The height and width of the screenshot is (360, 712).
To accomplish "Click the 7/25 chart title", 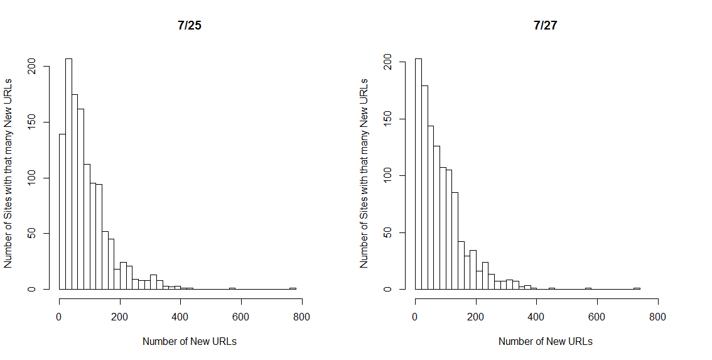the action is coord(190,26).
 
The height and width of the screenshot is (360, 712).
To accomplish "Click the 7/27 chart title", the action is coord(546,26).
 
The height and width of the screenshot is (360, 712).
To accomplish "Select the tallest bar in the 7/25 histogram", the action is coord(68,173).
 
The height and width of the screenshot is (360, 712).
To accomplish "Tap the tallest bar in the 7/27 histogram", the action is coord(418,173).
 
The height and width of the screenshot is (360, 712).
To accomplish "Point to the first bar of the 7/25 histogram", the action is coord(62,211).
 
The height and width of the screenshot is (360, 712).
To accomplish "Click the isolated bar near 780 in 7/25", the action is coord(293,288).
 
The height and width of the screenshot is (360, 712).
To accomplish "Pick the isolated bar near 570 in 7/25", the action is coord(232,288).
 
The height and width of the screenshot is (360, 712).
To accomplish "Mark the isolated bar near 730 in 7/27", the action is coord(637,288).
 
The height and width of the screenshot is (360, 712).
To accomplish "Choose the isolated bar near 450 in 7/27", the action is coord(552,288).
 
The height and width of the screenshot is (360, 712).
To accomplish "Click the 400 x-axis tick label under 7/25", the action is coord(180,317).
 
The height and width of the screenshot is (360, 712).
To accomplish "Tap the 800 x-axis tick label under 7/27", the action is coord(657,317).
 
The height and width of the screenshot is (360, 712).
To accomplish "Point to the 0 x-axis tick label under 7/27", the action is coord(415,317).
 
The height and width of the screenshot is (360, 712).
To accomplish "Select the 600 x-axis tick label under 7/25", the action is coord(241,317).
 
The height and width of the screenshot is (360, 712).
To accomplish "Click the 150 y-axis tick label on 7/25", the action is coord(31,123).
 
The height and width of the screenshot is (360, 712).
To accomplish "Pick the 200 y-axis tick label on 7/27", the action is coord(387,62).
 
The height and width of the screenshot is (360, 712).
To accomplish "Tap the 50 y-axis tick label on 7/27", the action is coord(387,232).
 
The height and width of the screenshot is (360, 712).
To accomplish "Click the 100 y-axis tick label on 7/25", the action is coord(31,178).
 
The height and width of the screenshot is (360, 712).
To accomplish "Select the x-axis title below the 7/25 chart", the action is coord(190,341).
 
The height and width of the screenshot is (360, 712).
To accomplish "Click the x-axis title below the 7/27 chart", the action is coord(546,341).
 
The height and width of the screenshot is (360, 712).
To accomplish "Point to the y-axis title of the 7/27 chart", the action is coord(364,173).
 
